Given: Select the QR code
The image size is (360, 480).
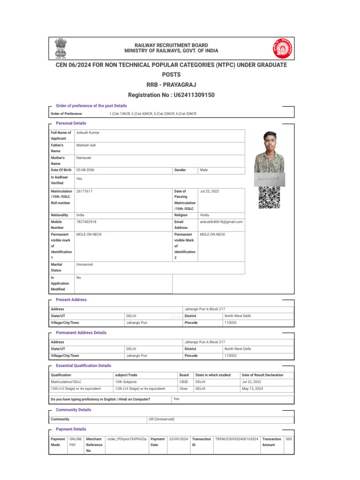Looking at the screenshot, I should [269, 197].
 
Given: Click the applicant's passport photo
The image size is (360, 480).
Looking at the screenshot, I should [269, 152].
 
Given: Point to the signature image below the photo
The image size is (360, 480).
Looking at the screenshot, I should [269, 179].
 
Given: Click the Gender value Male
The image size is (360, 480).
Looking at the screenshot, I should [204, 170].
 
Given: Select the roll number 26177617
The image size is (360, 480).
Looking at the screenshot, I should [84, 191].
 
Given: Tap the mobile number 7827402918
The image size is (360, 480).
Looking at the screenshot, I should [86, 221].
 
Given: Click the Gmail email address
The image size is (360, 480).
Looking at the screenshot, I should [221, 221].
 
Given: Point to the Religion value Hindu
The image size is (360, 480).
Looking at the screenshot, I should [205, 215].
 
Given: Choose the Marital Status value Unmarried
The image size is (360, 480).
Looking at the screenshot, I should [85, 264].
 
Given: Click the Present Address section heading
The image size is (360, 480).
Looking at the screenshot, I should [71, 300].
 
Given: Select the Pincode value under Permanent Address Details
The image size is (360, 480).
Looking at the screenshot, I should [231, 356].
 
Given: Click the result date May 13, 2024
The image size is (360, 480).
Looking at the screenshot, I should [252, 388].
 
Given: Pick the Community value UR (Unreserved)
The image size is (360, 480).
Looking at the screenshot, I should [162, 419].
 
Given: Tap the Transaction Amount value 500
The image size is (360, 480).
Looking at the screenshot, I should [289, 439].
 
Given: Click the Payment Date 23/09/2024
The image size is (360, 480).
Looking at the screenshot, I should [179, 439].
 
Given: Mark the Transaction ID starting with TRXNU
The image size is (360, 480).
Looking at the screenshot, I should [237, 439].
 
